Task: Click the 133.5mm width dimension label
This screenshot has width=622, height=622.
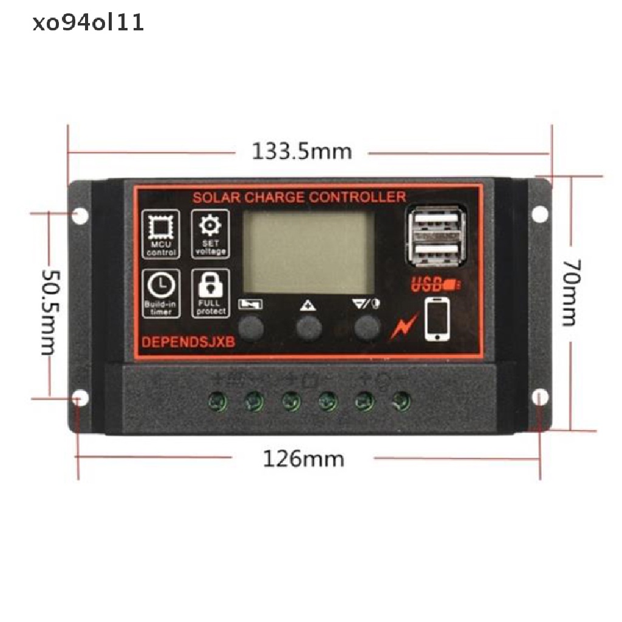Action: [302, 151]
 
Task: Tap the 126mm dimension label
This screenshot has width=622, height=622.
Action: [302, 459]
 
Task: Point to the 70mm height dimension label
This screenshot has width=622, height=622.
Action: [570, 292]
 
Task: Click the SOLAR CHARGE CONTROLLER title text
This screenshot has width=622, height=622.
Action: [299, 197]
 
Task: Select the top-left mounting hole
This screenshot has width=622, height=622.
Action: [79, 216]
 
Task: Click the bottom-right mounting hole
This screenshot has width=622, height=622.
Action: [539, 397]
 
